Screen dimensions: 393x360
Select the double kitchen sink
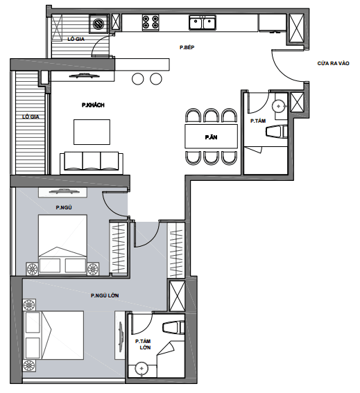point(202,24)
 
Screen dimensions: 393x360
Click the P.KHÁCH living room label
point(92,105)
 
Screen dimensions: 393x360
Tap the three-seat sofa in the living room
point(92,161)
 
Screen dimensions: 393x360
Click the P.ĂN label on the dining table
point(211,137)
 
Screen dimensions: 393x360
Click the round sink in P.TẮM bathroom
point(278,106)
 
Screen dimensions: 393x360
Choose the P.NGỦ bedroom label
point(65,207)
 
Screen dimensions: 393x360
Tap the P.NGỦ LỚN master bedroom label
point(105,296)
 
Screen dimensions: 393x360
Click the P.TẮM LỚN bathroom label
point(144,344)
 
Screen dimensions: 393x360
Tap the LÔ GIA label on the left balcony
point(30,117)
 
